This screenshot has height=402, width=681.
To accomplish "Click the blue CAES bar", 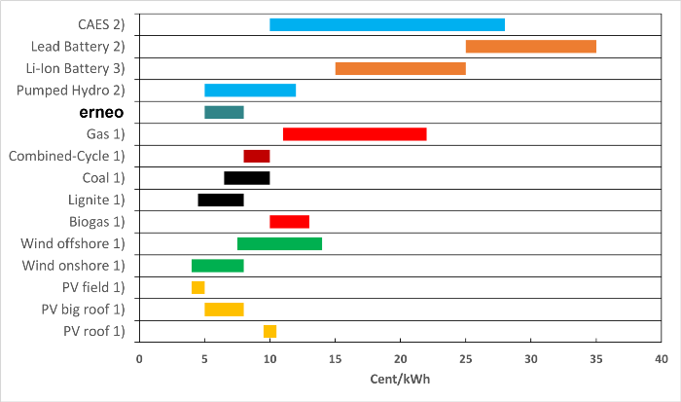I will (x=387, y=24).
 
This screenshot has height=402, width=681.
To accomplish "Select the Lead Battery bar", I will (x=530, y=46).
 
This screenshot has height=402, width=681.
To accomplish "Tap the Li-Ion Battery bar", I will (x=400, y=68).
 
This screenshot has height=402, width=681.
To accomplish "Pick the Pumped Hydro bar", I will (x=250, y=91).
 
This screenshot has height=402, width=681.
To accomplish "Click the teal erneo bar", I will (x=224, y=112).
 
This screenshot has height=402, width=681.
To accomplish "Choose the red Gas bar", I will (x=354, y=133).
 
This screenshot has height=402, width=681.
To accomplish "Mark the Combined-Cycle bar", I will (x=256, y=156).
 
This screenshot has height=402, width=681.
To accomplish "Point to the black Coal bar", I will (x=246, y=178).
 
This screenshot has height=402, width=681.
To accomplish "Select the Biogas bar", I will (x=289, y=221).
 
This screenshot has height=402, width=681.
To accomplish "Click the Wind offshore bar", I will (x=279, y=243).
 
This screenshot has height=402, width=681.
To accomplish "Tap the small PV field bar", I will (x=197, y=287).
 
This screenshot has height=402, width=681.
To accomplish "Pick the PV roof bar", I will (x=269, y=331).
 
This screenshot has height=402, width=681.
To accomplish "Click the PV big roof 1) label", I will (x=83, y=310).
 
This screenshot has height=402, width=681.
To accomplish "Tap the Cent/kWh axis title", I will (x=400, y=380).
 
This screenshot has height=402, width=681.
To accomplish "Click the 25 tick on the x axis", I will (x=465, y=359).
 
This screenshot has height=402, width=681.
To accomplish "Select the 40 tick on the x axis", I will (x=661, y=359).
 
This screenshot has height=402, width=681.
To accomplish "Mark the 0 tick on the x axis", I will (x=139, y=359).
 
